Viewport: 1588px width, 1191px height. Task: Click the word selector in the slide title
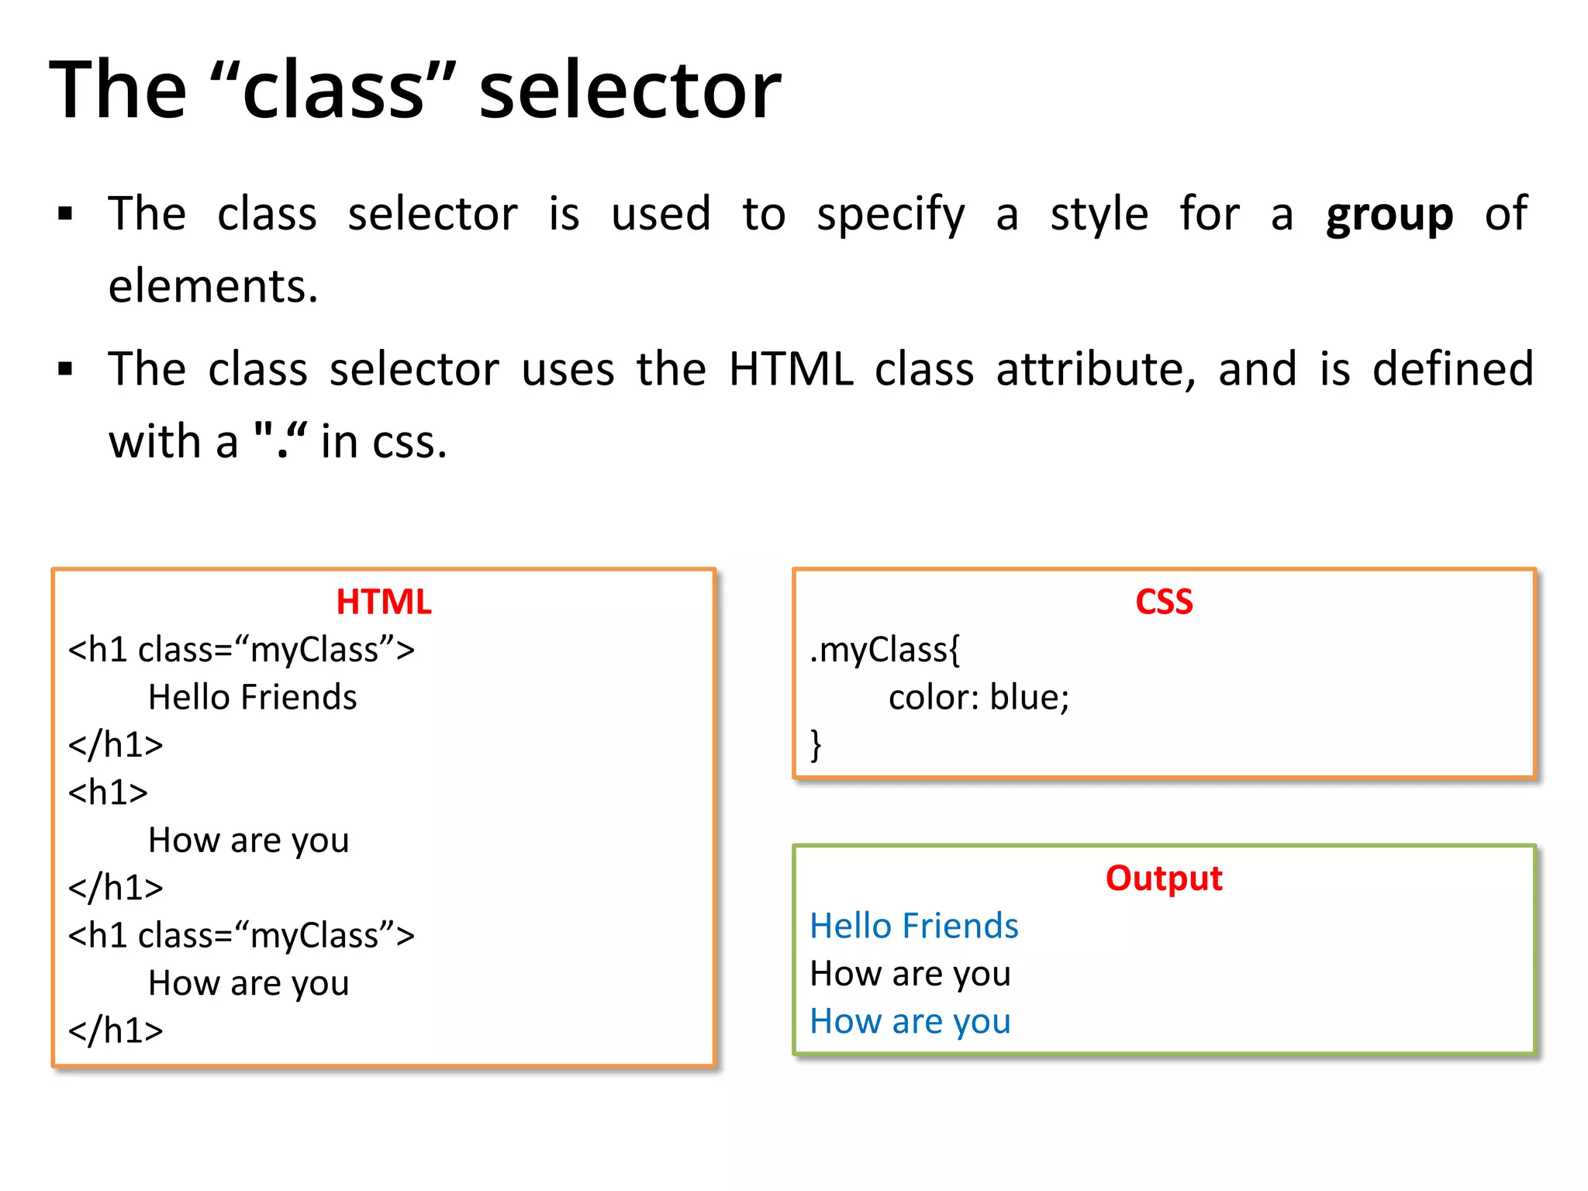(630, 91)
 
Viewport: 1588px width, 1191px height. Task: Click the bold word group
(1389, 215)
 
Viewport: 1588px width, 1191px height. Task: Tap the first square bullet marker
(65, 214)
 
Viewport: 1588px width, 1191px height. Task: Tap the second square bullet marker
(65, 369)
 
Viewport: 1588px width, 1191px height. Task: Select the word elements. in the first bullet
(213, 286)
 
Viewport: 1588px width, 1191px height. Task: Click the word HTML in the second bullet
(791, 369)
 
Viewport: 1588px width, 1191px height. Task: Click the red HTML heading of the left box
(384, 602)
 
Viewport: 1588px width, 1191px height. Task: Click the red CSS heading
(1164, 602)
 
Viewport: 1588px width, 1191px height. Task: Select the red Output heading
(1164, 879)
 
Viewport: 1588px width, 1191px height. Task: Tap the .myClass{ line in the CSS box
(885, 651)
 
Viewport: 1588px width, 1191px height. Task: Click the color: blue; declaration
(979, 698)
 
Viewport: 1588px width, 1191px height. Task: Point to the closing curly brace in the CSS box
(816, 745)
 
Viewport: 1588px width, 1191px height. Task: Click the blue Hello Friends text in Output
(913, 926)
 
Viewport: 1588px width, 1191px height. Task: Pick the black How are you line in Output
(910, 974)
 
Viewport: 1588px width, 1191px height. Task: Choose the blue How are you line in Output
(910, 1022)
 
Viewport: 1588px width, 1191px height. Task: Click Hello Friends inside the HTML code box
(252, 698)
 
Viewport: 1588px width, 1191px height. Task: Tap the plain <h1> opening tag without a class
(108, 793)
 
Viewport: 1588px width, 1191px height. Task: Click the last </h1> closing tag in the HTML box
(116, 1031)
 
